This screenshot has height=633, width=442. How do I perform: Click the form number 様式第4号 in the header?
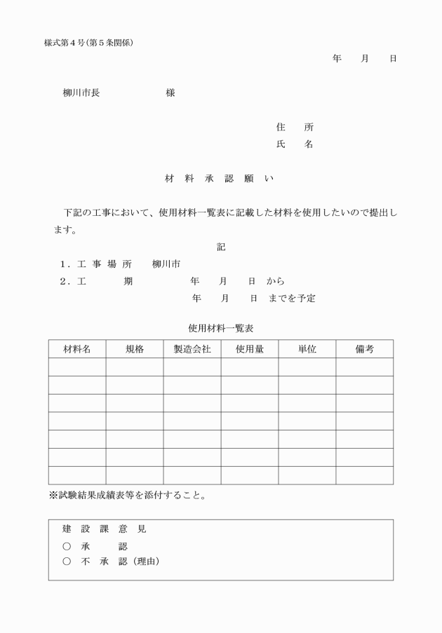tap(64, 43)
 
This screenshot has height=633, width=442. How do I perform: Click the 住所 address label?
tap(295, 128)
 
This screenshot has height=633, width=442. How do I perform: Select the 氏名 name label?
tap(295, 144)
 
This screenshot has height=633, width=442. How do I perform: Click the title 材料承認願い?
tap(220, 179)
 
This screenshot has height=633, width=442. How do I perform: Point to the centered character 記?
tap(221, 247)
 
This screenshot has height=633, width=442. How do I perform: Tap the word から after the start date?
tap(275, 281)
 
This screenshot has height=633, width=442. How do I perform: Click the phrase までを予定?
tap(292, 299)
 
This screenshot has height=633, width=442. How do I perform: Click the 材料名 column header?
tap(77, 349)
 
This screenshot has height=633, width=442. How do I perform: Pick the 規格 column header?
tap(135, 349)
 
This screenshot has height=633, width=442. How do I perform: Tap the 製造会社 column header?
tap(192, 349)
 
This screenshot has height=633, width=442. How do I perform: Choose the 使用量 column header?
tap(250, 349)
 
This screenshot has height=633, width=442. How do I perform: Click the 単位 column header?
tap(307, 349)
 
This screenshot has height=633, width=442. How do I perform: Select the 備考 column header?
tap(365, 349)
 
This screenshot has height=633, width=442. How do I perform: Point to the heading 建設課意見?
tap(104, 529)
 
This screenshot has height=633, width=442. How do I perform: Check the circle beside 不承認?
tap(67, 561)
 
